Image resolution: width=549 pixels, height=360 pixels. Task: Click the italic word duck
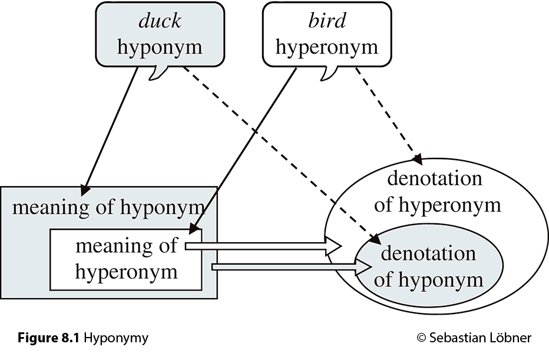(159, 21)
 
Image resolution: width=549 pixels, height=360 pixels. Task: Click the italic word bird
(326, 21)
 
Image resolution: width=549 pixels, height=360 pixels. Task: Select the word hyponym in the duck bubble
(159, 47)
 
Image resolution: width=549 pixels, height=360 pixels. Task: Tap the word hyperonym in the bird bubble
(326, 47)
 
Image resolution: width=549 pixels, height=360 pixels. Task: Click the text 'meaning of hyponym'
(108, 207)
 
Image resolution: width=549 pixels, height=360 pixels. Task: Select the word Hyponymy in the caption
(116, 338)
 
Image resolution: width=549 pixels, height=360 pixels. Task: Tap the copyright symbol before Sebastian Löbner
(421, 338)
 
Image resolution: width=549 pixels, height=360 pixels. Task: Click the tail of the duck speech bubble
(157, 74)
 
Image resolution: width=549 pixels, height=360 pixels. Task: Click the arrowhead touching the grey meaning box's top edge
(86, 188)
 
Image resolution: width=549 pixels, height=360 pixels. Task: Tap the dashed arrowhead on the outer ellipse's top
(418, 158)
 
